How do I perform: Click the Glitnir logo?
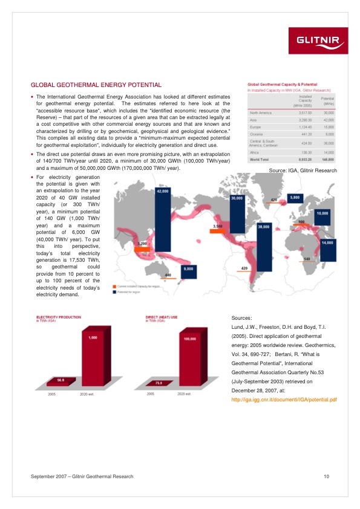pyautogui.click(x=320, y=41)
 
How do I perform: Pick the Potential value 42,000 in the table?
pyautogui.click(x=328, y=120)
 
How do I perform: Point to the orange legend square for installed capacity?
pyautogui.click(x=114, y=285)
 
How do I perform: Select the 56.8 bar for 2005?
pyautogui.click(x=61, y=381)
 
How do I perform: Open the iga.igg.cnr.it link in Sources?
pyautogui.click(x=284, y=400)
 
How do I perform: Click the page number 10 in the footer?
pyautogui.click(x=326, y=477)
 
